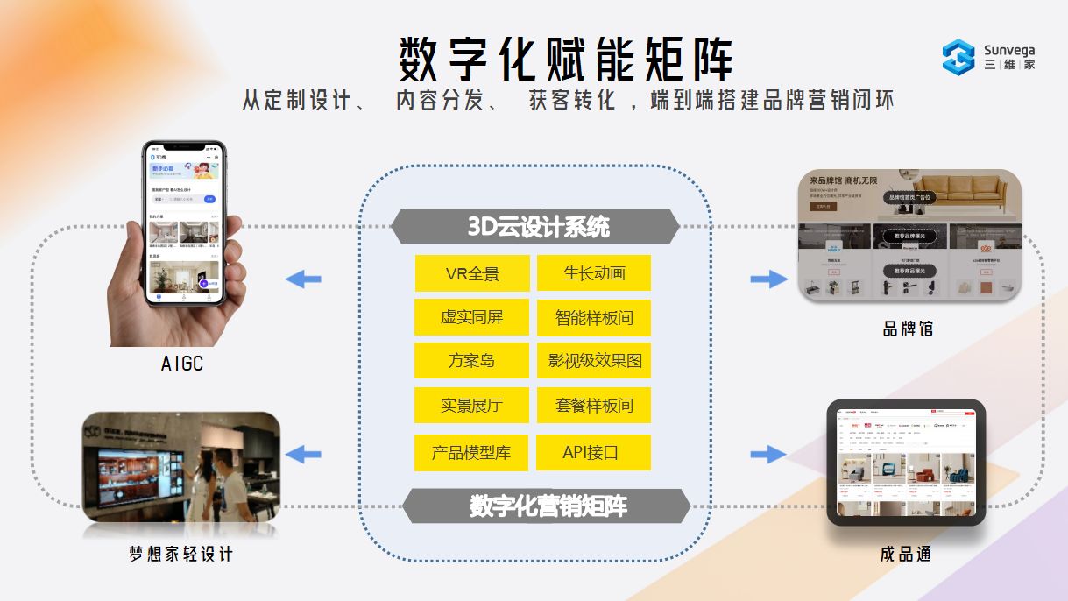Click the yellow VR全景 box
tap(472, 273)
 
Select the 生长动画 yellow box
tap(594, 273)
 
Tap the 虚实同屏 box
tap(472, 317)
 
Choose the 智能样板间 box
tap(594, 317)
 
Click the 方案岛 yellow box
tap(472, 360)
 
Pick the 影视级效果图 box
tap(594, 360)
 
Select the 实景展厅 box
tap(472, 406)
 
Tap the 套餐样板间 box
tap(594, 406)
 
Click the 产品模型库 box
tap(472, 453)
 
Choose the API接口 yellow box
tap(594, 453)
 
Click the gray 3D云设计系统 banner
tap(535, 227)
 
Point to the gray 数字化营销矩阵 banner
tap(547, 506)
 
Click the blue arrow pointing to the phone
tap(303, 279)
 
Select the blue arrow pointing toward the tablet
tap(768, 454)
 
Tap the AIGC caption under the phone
tap(182, 363)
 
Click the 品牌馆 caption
tap(907, 329)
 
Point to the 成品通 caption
tap(905, 555)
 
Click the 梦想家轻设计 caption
tap(181, 555)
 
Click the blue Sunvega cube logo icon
tap(958, 56)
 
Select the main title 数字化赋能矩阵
tap(566, 60)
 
